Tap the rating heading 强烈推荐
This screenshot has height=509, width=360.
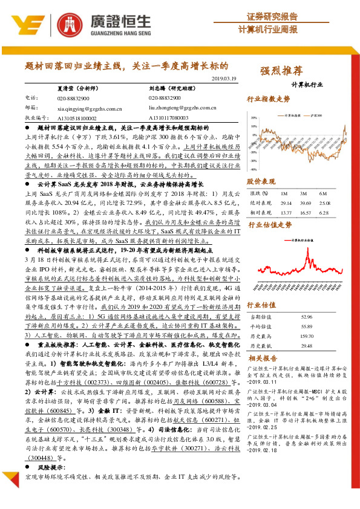click(x=281, y=71)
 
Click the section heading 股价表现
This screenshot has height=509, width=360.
click(x=261, y=181)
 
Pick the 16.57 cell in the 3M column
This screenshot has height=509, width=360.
click(x=304, y=212)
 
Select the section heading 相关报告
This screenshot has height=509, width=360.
click(x=262, y=358)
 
